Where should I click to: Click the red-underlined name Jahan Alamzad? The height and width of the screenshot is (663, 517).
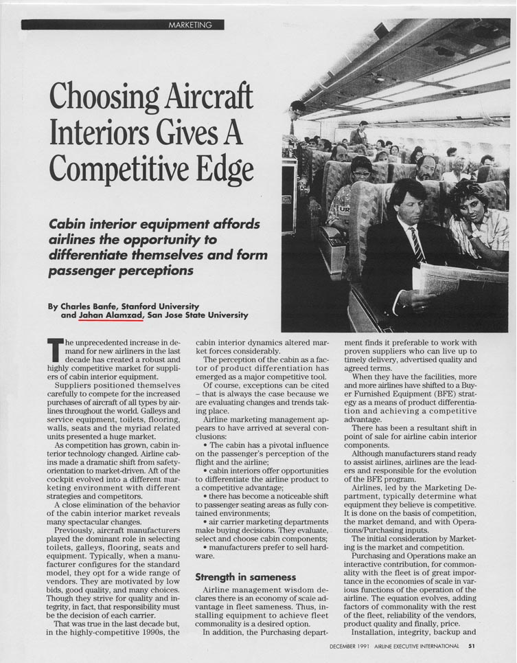pos(111,315)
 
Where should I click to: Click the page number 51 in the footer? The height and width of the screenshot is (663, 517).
pos(471,644)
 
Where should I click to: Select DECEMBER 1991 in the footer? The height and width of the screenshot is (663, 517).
pos(349,644)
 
